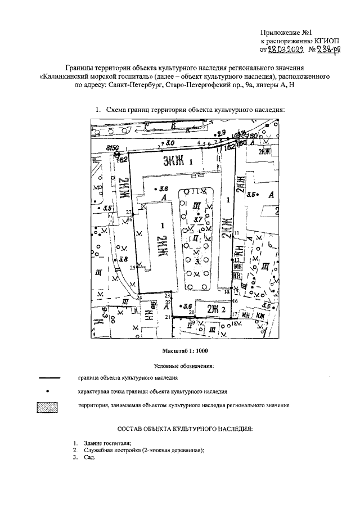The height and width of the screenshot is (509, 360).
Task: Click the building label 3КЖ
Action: [x=174, y=162]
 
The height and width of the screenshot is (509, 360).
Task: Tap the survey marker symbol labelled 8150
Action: [x=118, y=155]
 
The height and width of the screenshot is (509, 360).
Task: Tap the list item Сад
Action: [x=86, y=457]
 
